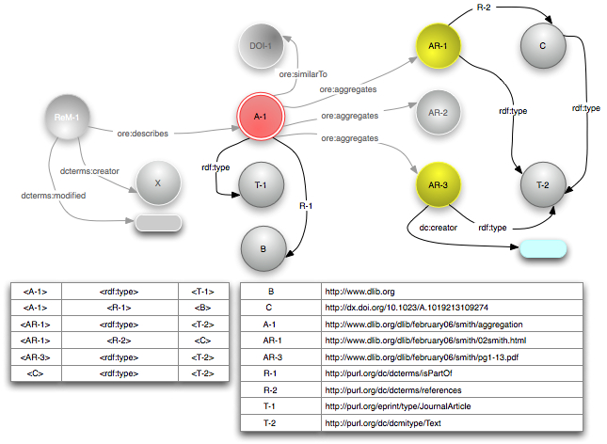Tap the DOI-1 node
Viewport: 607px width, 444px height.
[261, 45]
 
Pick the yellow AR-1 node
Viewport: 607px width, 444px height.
[438, 45]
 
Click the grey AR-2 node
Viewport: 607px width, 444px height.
[438, 112]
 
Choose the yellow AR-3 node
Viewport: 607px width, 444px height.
[438, 184]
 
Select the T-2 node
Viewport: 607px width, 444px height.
[543, 185]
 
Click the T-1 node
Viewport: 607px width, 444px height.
[261, 185]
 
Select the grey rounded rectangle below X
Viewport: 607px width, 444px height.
[158, 223]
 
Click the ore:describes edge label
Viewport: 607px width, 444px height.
[142, 134]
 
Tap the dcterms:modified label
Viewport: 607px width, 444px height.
[53, 196]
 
